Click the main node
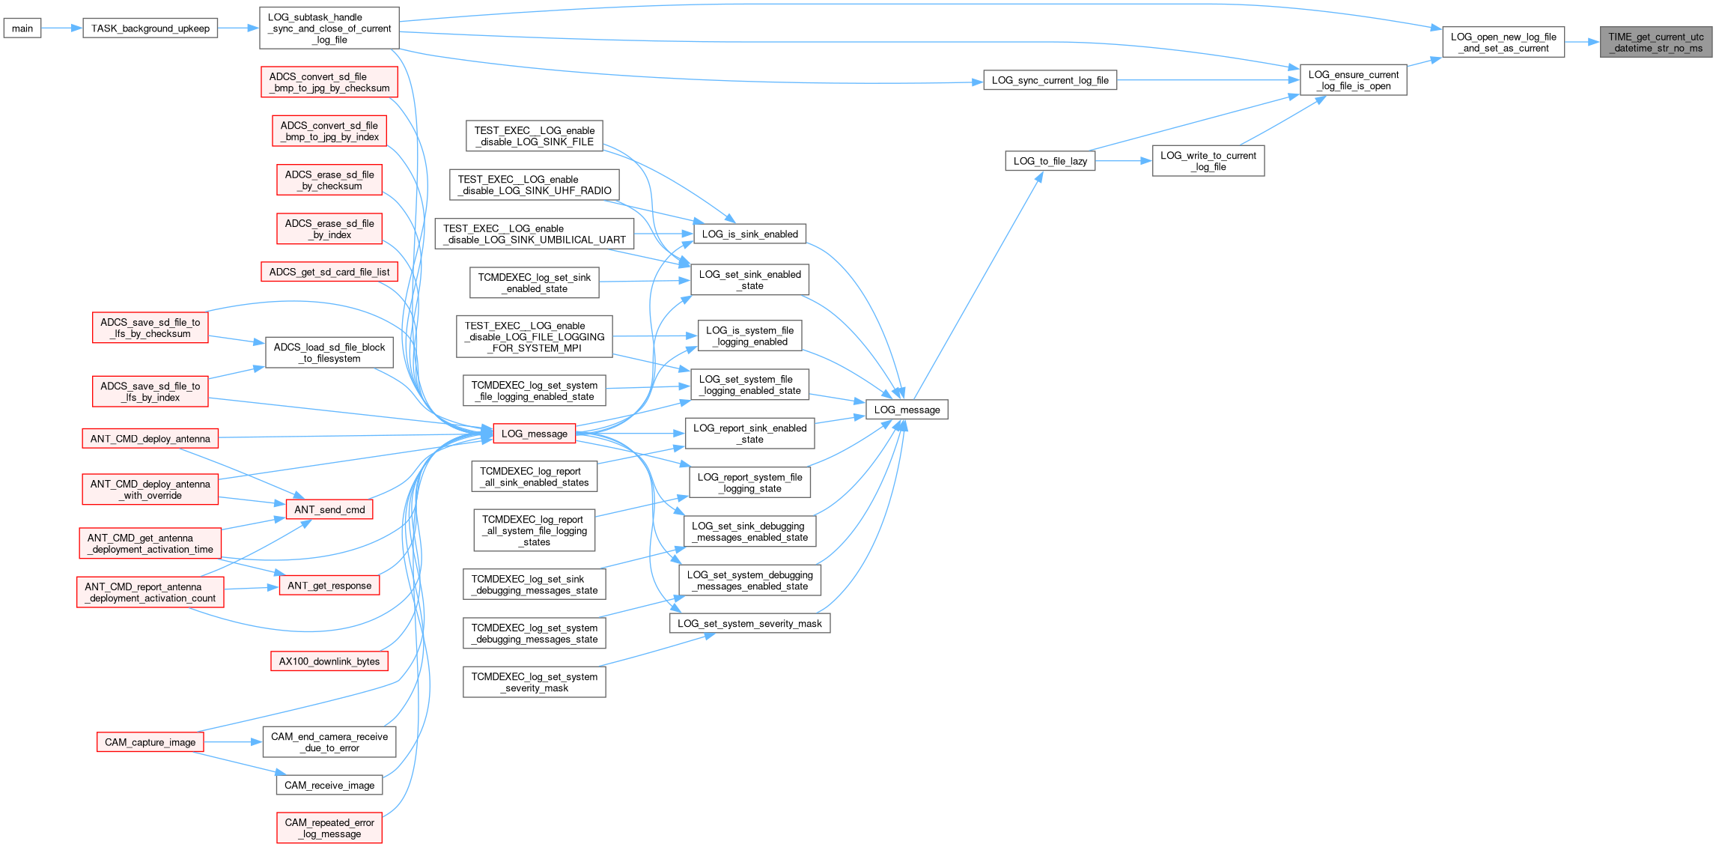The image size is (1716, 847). coord(22,28)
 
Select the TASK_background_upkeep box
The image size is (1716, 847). coord(150,28)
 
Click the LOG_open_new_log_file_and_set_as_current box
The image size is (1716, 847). coord(1503,42)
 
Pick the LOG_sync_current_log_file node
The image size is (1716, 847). coord(1050,80)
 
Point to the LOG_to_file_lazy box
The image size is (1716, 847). coord(1050,161)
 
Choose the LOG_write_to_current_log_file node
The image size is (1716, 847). coord(1208,161)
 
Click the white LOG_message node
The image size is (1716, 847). coord(907,410)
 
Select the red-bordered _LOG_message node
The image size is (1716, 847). coord(534,434)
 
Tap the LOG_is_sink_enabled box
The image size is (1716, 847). coord(749,234)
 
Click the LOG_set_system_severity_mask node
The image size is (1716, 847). coord(749,623)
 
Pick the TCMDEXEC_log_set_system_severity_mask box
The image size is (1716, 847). coord(534,682)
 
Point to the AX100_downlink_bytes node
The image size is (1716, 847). coord(329,661)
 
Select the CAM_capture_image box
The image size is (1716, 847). coord(150,742)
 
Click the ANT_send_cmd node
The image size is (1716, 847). coord(329,509)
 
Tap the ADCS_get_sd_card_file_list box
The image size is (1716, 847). coord(329,272)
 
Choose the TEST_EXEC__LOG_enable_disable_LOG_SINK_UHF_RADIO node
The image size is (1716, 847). coord(534,185)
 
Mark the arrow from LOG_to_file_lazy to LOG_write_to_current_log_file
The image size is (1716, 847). coord(1123,161)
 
